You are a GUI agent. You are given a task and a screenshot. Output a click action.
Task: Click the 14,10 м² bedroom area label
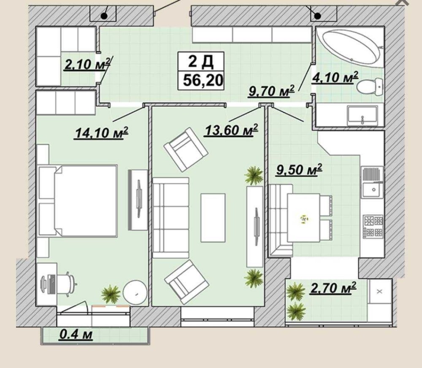(101, 133)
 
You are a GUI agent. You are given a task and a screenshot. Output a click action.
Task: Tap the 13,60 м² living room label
(231, 130)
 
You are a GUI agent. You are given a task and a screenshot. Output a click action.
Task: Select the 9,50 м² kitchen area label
(299, 170)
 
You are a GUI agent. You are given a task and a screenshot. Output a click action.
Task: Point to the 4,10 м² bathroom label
(335, 77)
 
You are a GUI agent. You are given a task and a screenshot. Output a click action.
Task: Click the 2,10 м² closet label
(87, 64)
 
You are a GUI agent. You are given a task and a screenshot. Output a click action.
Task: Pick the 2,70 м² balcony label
(333, 288)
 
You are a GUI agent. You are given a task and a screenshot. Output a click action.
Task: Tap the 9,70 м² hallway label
(271, 91)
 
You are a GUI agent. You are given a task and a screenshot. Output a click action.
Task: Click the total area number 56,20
(203, 80)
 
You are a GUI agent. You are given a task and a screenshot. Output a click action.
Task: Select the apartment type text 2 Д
(201, 61)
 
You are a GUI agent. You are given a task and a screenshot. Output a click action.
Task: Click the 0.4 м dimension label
(76, 334)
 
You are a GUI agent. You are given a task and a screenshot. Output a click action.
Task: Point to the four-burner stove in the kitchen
(373, 226)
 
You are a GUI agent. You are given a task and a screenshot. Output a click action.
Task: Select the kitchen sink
(373, 182)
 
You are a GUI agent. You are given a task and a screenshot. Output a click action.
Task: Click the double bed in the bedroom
(78, 201)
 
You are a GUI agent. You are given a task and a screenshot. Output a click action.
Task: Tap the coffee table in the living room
(213, 218)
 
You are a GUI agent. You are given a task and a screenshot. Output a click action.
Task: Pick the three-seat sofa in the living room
(170, 217)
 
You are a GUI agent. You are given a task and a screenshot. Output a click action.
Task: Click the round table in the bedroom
(135, 292)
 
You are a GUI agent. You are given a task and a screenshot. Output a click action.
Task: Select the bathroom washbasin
(362, 115)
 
